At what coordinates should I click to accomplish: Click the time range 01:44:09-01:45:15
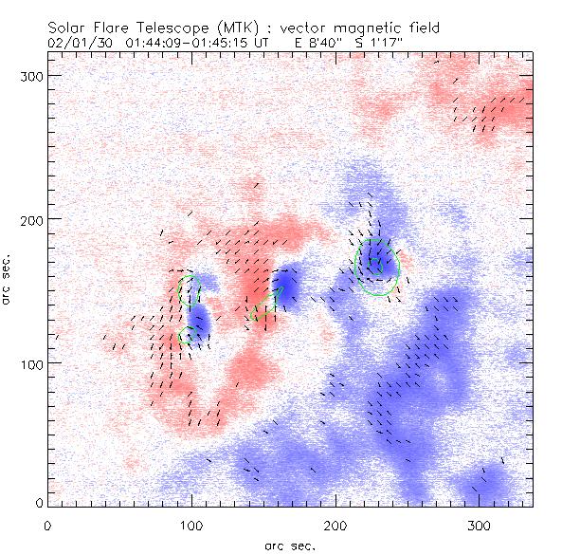186,43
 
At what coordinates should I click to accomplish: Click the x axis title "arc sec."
291,545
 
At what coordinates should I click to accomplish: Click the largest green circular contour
377,265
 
